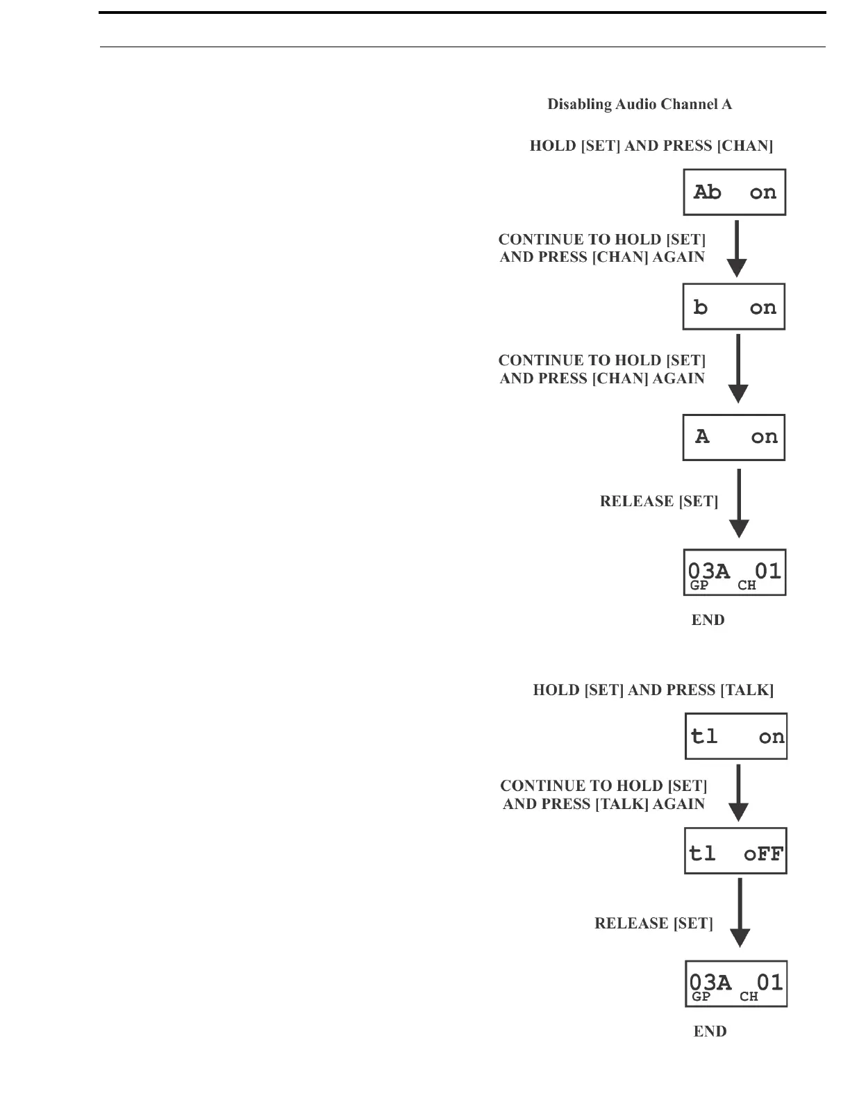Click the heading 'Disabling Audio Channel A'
[x=640, y=105]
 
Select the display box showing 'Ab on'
[x=735, y=192]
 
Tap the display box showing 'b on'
[x=734, y=307]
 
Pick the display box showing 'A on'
[x=734, y=437]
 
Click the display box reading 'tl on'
[x=736, y=736]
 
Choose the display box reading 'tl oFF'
[x=735, y=851]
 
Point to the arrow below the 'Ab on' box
[x=737, y=249]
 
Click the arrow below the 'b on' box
[x=737, y=369]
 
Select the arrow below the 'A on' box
[x=739, y=503]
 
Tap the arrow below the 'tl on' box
[x=739, y=792]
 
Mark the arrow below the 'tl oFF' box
[x=740, y=912]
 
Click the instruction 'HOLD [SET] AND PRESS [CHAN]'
[x=651, y=146]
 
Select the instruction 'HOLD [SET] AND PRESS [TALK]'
[x=653, y=690]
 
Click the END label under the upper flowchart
[x=708, y=620]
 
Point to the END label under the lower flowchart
[x=710, y=1032]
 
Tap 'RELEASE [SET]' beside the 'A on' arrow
[x=659, y=501]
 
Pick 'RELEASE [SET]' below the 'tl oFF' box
[x=653, y=924]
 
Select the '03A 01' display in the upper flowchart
[x=735, y=573]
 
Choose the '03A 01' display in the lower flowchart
[x=736, y=984]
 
